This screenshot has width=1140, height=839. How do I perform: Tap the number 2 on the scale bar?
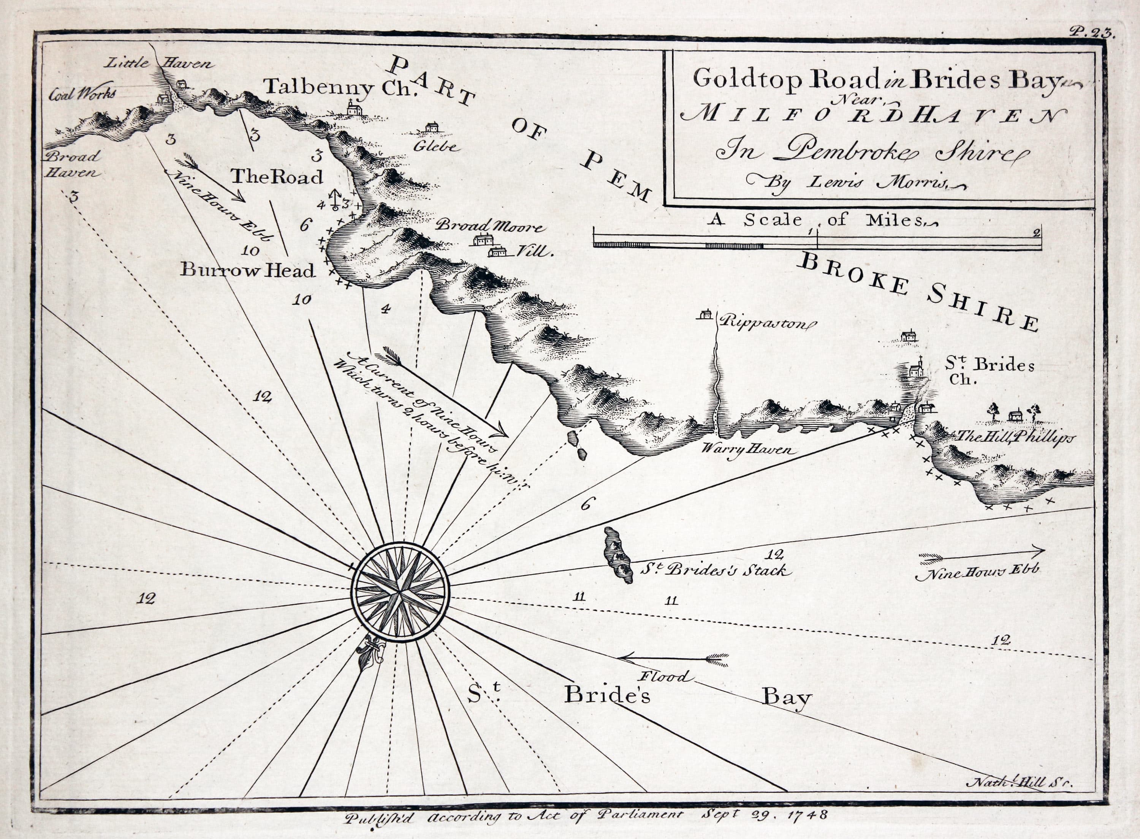pos(1035,233)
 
